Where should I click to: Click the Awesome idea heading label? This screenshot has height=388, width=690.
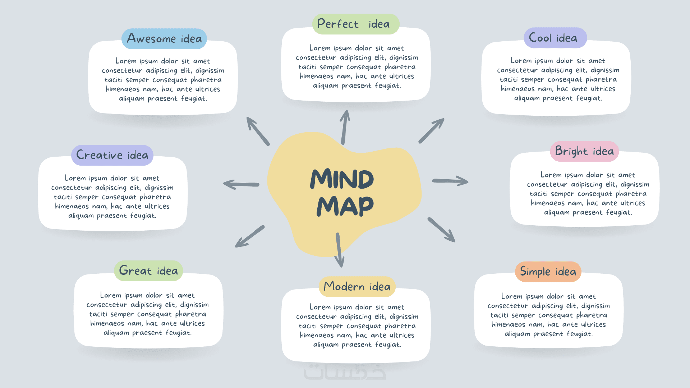pyautogui.click(x=164, y=39)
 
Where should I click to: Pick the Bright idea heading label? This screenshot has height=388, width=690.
pyautogui.click(x=584, y=151)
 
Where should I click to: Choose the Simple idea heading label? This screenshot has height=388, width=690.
pyautogui.click(x=548, y=272)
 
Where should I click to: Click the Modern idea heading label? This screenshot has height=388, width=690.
pyautogui.click(x=357, y=287)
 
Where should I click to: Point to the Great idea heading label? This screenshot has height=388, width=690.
pyautogui.click(x=148, y=271)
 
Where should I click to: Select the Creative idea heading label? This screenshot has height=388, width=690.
pyautogui.click(x=112, y=155)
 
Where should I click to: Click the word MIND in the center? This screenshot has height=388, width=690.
pyautogui.click(x=342, y=179)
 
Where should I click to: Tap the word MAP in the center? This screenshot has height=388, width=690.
pyautogui.click(x=345, y=206)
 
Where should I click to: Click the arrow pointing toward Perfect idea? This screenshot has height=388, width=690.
pyautogui.click(x=345, y=127)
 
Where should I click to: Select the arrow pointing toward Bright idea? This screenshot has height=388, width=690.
pyautogui.click(x=450, y=181)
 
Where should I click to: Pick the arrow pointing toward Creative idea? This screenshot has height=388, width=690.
pyautogui.click(x=241, y=184)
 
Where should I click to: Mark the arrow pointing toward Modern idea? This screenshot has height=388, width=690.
pyautogui.click(x=339, y=250)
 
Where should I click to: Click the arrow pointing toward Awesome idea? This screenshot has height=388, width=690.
pyautogui.click(x=258, y=131)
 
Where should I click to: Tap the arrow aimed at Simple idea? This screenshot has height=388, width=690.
pyautogui.click(x=441, y=230)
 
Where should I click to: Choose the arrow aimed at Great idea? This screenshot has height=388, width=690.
pyautogui.click(x=250, y=236)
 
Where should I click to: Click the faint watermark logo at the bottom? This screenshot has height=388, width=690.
pyautogui.click(x=345, y=372)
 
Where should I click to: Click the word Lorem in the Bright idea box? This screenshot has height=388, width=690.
pyautogui.click(x=551, y=175)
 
